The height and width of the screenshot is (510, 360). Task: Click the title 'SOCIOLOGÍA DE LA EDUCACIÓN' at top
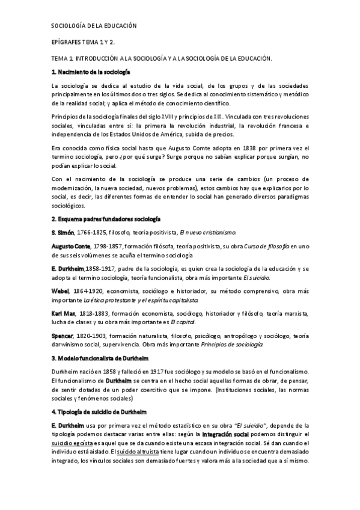click(93, 26)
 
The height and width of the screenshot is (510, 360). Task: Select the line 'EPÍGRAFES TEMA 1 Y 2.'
click(85, 43)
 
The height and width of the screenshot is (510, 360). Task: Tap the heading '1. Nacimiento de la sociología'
click(90, 72)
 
